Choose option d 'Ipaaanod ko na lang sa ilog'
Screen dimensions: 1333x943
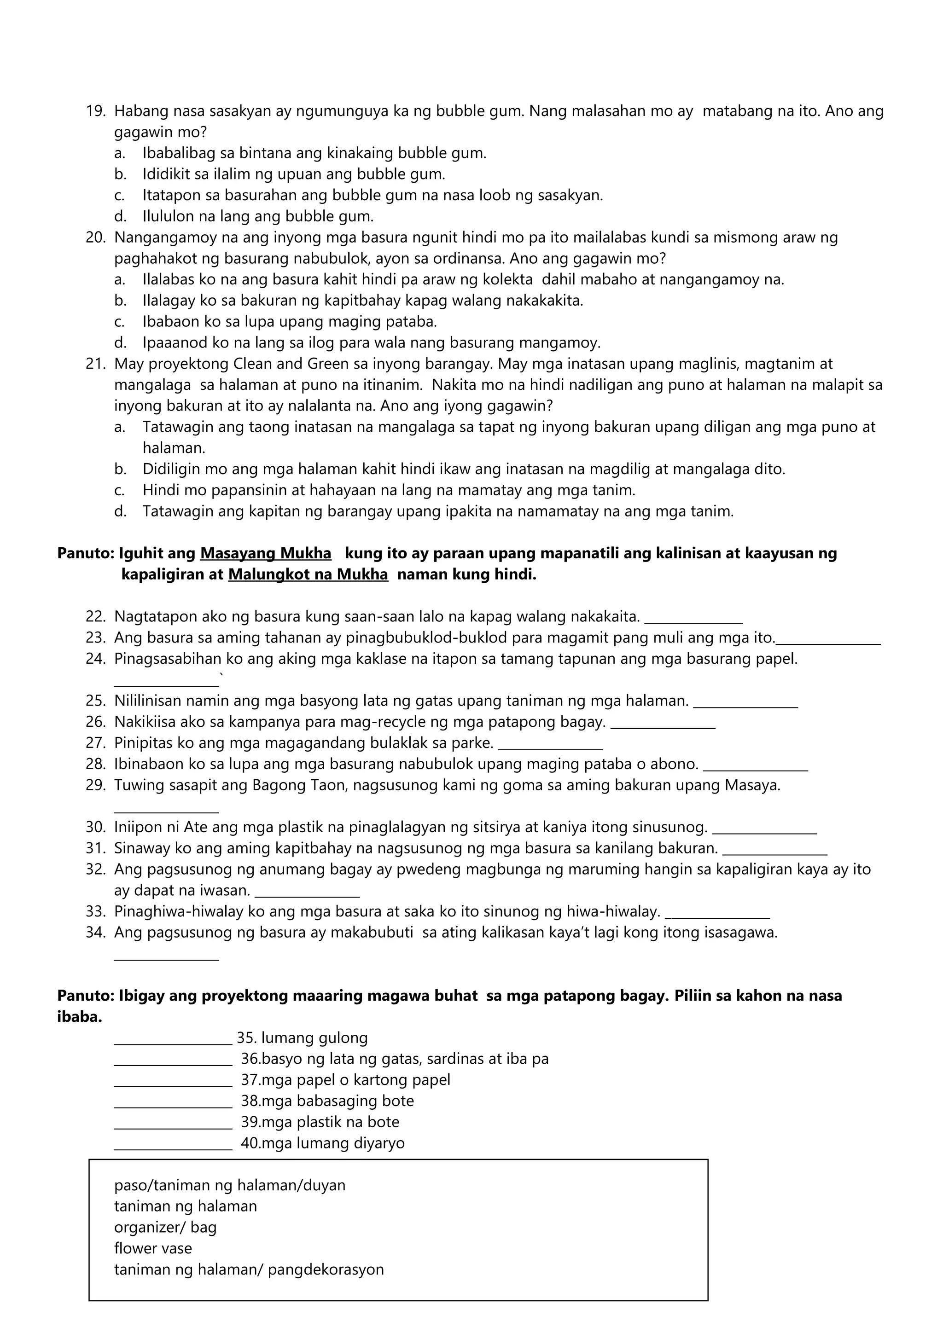point(372,342)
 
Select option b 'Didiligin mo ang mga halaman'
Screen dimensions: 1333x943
point(463,469)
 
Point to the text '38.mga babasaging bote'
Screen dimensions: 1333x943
point(327,1101)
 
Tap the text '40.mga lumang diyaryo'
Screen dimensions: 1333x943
point(323,1143)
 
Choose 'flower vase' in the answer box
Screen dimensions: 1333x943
point(153,1248)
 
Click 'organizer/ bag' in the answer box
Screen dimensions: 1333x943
point(165,1227)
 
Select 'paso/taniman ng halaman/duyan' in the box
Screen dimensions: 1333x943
point(229,1185)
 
